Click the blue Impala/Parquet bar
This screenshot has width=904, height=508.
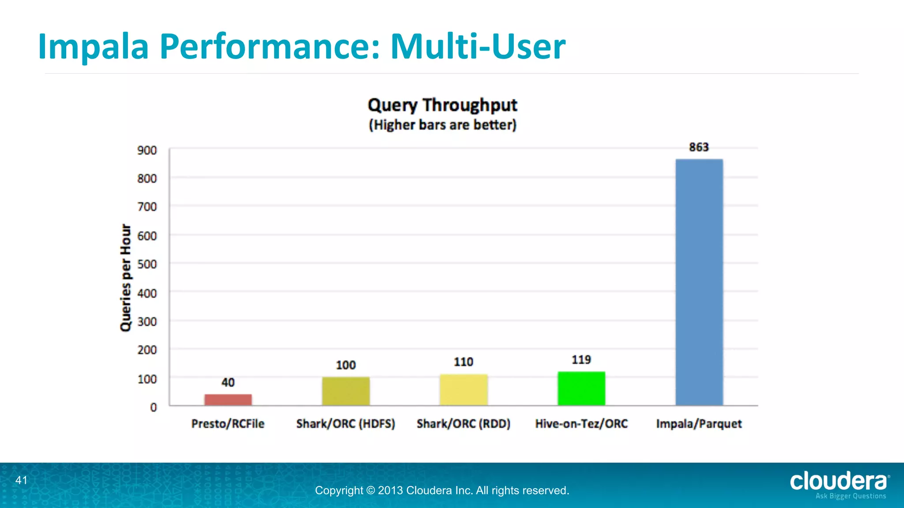tap(699, 282)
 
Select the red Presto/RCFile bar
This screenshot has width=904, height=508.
tap(228, 400)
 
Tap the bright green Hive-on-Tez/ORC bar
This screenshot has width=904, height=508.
tap(581, 388)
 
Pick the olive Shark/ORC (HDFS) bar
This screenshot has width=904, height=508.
tap(346, 391)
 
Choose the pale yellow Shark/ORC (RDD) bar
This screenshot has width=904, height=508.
tap(463, 390)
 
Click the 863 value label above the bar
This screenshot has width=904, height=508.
tap(699, 147)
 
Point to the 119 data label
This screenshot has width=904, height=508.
tap(581, 360)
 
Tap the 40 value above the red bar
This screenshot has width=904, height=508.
tap(228, 382)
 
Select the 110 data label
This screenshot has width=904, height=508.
tap(463, 362)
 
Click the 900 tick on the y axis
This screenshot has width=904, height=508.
tap(147, 150)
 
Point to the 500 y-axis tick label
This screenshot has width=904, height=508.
tap(147, 264)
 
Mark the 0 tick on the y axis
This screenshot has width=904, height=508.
tap(153, 407)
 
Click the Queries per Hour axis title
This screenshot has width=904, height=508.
tap(126, 278)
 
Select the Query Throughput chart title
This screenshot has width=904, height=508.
tap(442, 105)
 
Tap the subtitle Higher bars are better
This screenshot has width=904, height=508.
tap(442, 125)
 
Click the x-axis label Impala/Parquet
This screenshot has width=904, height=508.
tap(699, 424)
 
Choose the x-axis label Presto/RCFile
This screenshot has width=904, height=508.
tap(228, 424)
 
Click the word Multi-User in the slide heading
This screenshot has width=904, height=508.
tap(478, 47)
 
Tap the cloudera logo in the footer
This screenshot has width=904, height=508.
tap(839, 482)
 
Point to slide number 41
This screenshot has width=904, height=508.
tap(21, 480)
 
